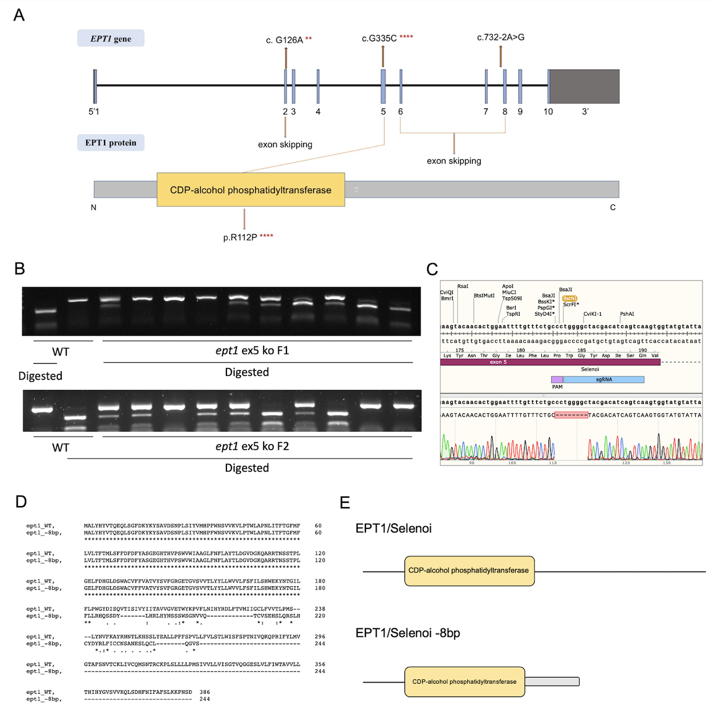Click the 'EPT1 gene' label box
pyautogui.click(x=111, y=38)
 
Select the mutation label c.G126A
pyautogui.click(x=284, y=40)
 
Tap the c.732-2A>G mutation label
pyautogui.click(x=501, y=37)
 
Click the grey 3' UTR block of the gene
pyautogui.click(x=584, y=86)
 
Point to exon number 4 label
pyautogui.click(x=318, y=112)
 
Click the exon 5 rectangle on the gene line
pyautogui.click(x=383, y=86)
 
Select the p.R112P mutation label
pyautogui.click(x=240, y=237)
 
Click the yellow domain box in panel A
pyautogui.click(x=250, y=190)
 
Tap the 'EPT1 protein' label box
pyautogui.click(x=111, y=143)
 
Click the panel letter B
pyautogui.click(x=19, y=269)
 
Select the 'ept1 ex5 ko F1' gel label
pyautogui.click(x=252, y=351)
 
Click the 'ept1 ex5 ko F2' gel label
pyautogui.click(x=252, y=447)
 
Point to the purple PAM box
pyautogui.click(x=557, y=380)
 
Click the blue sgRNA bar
pyautogui.click(x=604, y=380)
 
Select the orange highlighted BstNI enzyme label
pyautogui.click(x=570, y=298)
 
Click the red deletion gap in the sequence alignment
pyautogui.click(x=571, y=415)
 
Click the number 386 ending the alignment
pyautogui.click(x=205, y=692)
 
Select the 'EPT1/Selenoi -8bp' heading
pyautogui.click(x=408, y=633)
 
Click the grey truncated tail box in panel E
pyautogui.click(x=552, y=681)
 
